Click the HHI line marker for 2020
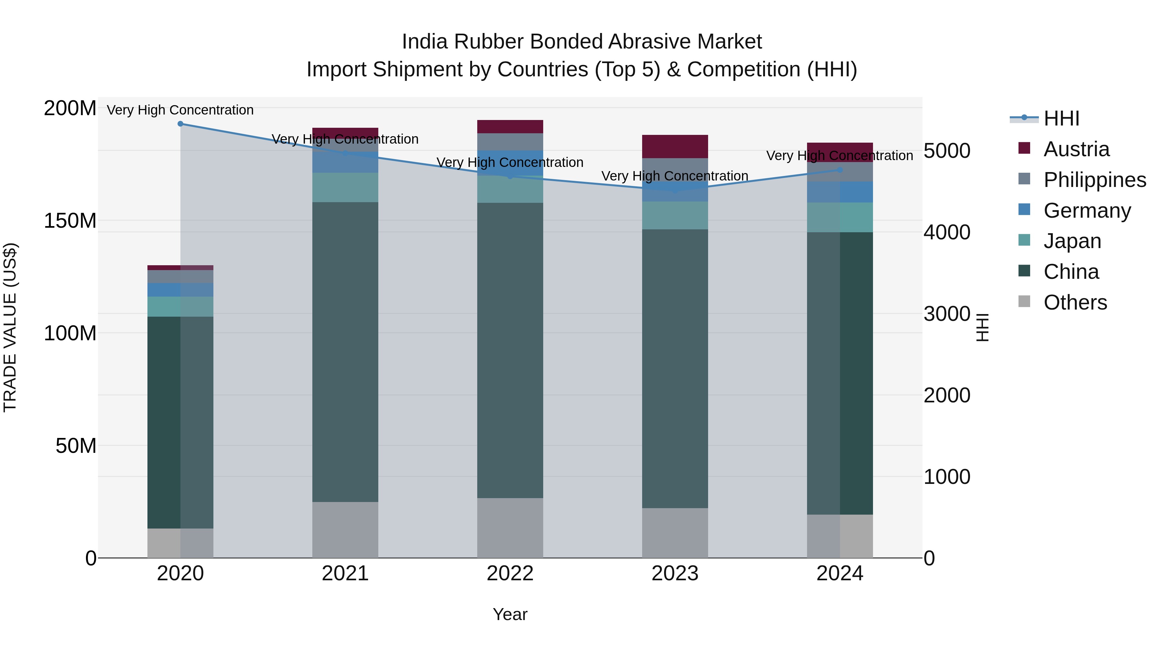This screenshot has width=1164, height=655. point(180,124)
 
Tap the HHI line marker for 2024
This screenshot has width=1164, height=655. point(840,170)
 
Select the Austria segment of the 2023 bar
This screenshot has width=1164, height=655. point(675,147)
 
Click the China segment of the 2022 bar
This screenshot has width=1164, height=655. point(510,350)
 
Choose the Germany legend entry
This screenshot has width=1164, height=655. point(1087,211)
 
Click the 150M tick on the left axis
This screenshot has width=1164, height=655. point(70,221)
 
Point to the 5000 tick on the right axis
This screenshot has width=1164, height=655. point(947,151)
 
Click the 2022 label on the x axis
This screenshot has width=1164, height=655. point(510,573)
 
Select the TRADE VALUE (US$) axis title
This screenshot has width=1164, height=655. point(10,328)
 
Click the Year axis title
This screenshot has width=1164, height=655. point(510,614)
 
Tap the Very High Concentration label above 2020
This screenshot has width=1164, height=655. point(180,110)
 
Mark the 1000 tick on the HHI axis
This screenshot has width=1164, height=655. point(947,477)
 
